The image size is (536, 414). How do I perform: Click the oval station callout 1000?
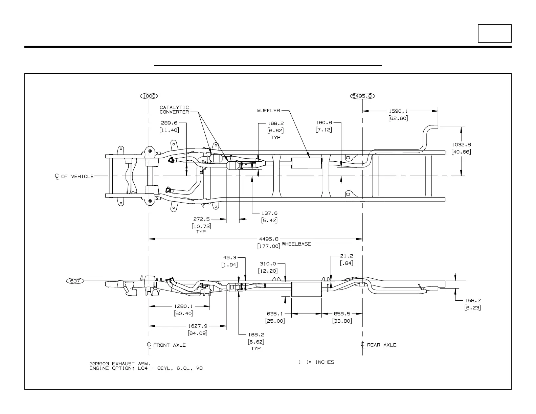pyautogui.click(x=149, y=96)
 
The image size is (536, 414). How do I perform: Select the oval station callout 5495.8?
pyautogui.click(x=362, y=96)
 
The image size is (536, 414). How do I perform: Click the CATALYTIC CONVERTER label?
pyautogui.click(x=174, y=110)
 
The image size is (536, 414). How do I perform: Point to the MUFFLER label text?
pyautogui.click(x=269, y=111)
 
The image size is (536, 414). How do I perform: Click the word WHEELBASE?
pyautogui.click(x=296, y=244)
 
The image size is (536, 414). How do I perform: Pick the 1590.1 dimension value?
pyautogui.click(x=398, y=111)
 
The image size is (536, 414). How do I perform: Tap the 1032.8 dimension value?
pyautogui.click(x=461, y=144)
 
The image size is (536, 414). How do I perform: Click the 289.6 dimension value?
pyautogui.click(x=169, y=123)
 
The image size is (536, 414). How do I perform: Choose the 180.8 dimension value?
pyautogui.click(x=324, y=123)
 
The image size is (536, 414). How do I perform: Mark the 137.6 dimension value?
pyautogui.click(x=269, y=213)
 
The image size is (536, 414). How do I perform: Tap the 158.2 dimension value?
pyautogui.click(x=473, y=300)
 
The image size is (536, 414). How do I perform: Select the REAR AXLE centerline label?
pyautogui.click(x=381, y=345)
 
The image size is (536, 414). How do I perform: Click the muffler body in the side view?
pyautogui.click(x=306, y=289)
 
